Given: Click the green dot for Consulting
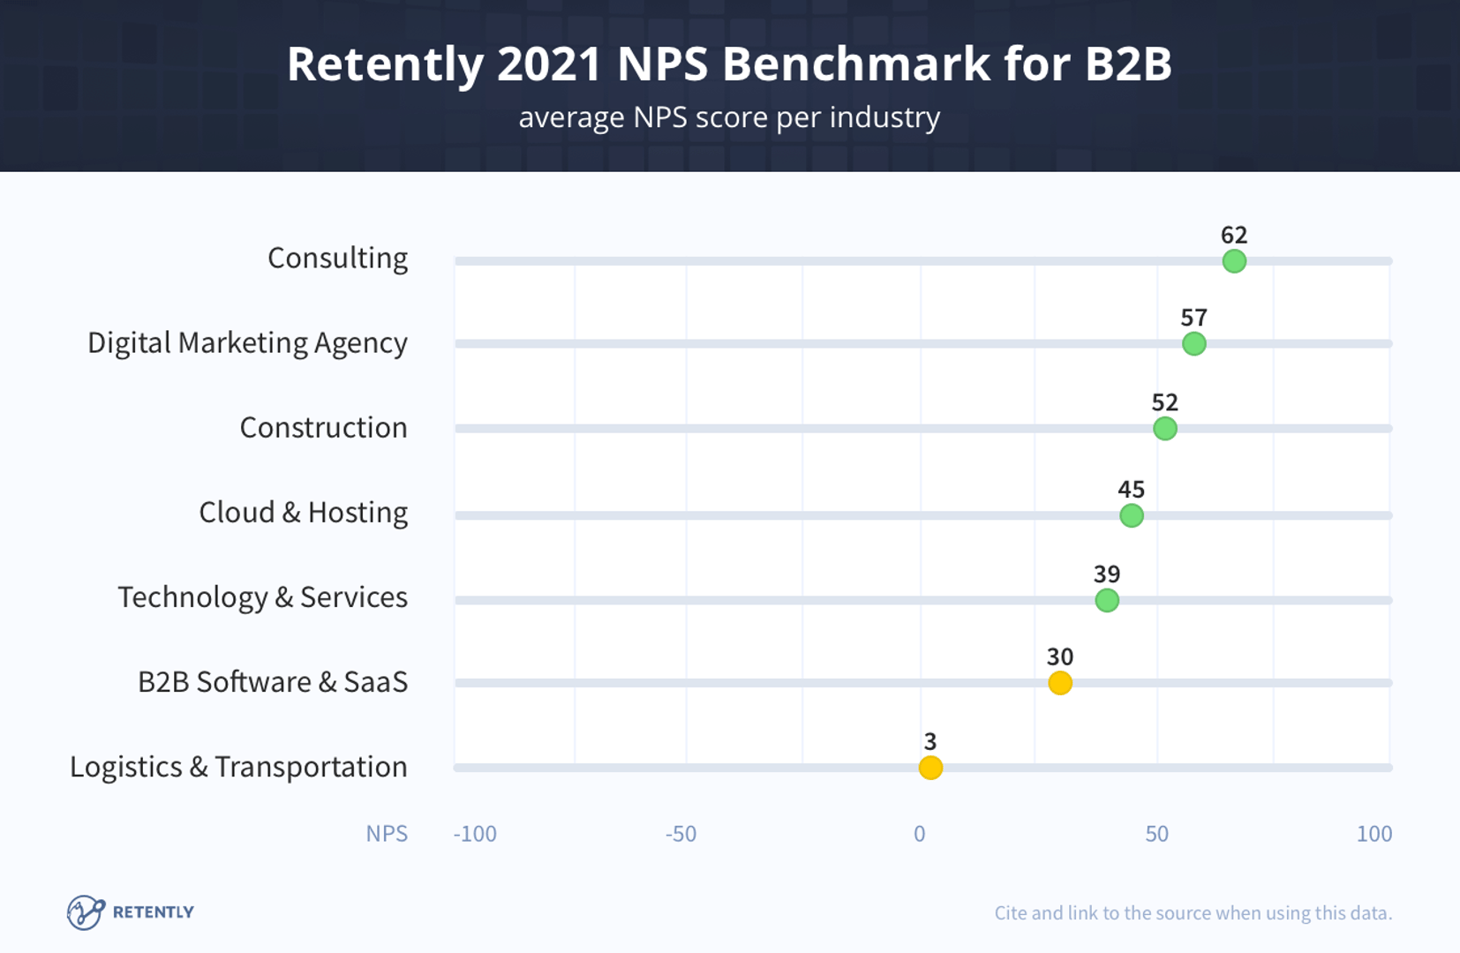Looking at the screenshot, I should tap(1234, 261).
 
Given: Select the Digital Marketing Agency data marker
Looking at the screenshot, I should tap(1193, 343).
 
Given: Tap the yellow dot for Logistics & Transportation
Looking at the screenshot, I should tap(930, 768).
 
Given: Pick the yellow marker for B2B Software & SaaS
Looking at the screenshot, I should tap(1060, 683).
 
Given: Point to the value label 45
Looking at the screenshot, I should tap(1131, 489).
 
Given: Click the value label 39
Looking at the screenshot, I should tap(1107, 574).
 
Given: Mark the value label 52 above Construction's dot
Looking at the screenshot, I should tap(1164, 402).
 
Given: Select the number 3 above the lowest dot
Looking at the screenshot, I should tap(930, 741).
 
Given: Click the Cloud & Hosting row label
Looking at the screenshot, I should tap(303, 513).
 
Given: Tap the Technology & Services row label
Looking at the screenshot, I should tap(262, 597).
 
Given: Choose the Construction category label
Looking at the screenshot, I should tap(323, 428).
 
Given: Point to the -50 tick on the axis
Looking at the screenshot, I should tap(681, 834).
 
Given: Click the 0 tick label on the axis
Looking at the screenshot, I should tap(920, 834).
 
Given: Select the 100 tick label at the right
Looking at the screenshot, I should tap(1373, 834).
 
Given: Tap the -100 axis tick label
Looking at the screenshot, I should tap(475, 834).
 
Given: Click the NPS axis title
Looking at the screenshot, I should tap(387, 834).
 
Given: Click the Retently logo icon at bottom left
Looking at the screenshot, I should tap(86, 912).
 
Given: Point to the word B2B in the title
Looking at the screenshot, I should tap(1127, 64).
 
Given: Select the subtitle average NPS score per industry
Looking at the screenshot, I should tap(729, 117).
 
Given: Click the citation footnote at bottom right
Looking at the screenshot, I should tap(1193, 913).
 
